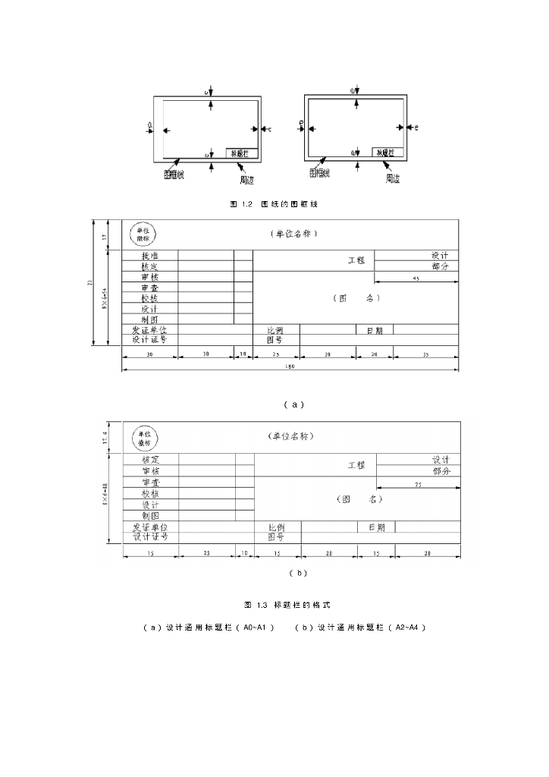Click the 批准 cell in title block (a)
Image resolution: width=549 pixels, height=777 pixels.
click(x=149, y=256)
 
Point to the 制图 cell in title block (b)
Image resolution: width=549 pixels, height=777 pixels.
click(x=150, y=516)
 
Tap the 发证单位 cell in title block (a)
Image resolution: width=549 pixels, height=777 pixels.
click(x=149, y=330)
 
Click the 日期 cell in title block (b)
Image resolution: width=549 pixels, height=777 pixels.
click(x=377, y=527)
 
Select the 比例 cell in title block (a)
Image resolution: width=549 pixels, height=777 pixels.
click(x=275, y=330)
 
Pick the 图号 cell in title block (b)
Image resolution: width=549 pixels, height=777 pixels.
click(x=276, y=537)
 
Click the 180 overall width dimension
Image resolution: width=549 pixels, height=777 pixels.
click(x=290, y=366)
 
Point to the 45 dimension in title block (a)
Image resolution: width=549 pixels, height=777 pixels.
click(x=416, y=278)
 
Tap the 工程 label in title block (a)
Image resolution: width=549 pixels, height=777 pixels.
click(x=356, y=260)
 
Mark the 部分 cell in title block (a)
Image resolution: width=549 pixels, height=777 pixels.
click(x=441, y=266)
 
